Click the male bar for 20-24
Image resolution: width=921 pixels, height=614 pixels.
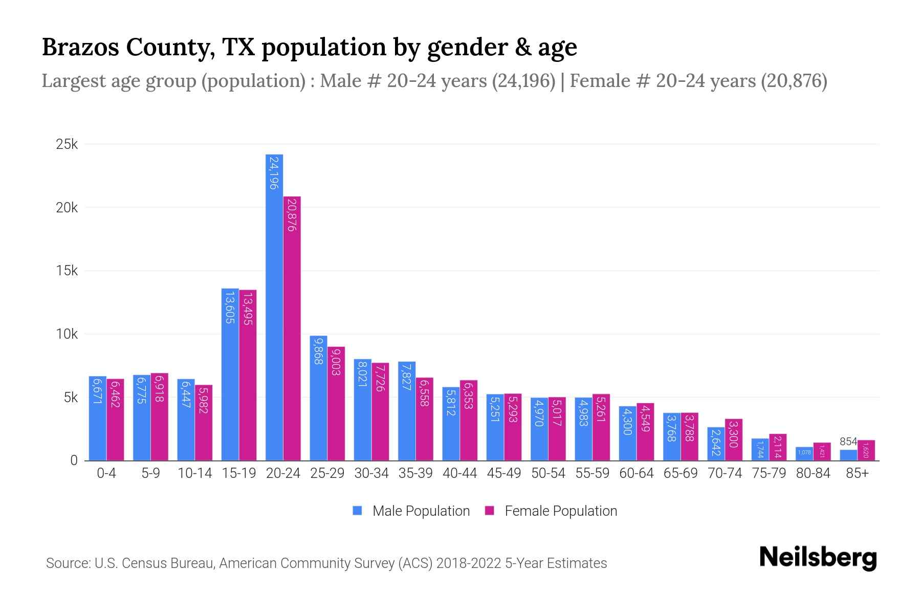pos(274,307)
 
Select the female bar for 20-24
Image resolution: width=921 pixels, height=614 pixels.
pos(292,328)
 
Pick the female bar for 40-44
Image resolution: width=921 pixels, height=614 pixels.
pos(469,420)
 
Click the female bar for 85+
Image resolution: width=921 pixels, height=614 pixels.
pos(866,450)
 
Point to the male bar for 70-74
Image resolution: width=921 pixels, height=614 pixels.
pos(716,444)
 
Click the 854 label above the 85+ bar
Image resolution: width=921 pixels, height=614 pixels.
pos(848,442)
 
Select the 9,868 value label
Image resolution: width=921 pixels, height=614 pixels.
pos(318,351)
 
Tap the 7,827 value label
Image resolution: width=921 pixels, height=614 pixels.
pos(407,377)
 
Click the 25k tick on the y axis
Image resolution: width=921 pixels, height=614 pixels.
pos(67,145)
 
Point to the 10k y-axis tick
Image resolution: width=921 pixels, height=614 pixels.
pos(67,335)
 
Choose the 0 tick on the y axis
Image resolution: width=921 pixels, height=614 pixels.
pos(74,461)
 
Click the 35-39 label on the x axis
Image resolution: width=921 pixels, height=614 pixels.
pos(415,473)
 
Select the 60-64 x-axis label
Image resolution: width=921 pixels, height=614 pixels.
pos(636,473)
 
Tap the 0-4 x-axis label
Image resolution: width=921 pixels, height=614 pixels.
pos(106,473)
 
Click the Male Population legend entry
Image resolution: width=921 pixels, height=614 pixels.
pos(411,511)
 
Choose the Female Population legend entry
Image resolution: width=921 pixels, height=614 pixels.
pos(551,511)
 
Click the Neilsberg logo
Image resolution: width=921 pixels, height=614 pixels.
pos(818,558)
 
